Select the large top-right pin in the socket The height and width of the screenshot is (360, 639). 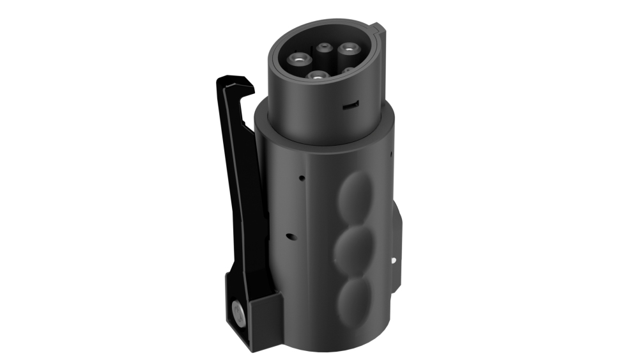point(349,48)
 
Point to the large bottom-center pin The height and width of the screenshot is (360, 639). point(318,76)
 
